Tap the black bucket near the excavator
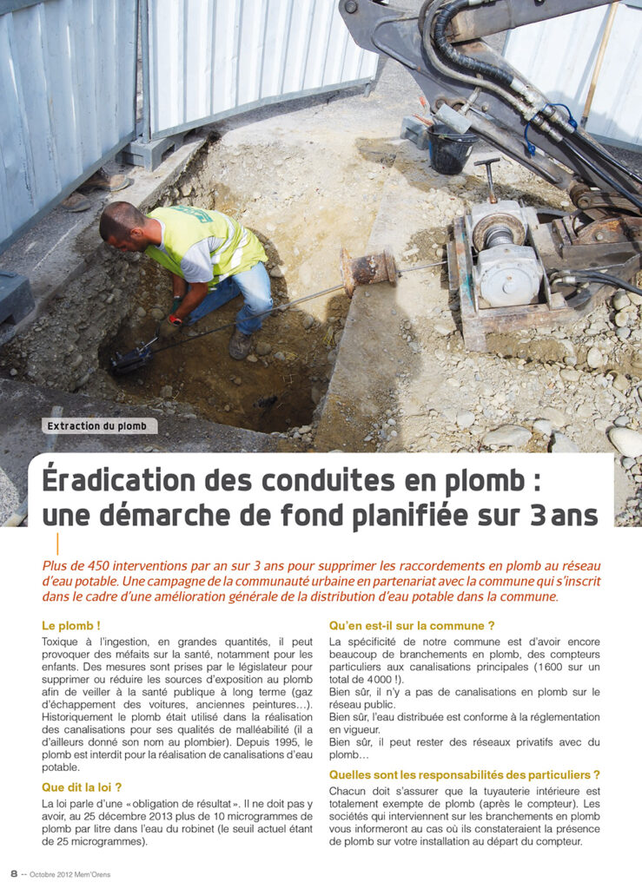click(x=452, y=148)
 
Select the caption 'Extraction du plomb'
click(x=97, y=426)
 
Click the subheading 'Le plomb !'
click(x=71, y=625)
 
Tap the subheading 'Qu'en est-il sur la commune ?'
click(x=412, y=625)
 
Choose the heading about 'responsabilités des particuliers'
click(x=465, y=774)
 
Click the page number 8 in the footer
click(x=14, y=873)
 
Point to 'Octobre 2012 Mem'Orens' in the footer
click(x=70, y=873)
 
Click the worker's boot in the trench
click(x=240, y=345)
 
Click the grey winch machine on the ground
click(x=506, y=260)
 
